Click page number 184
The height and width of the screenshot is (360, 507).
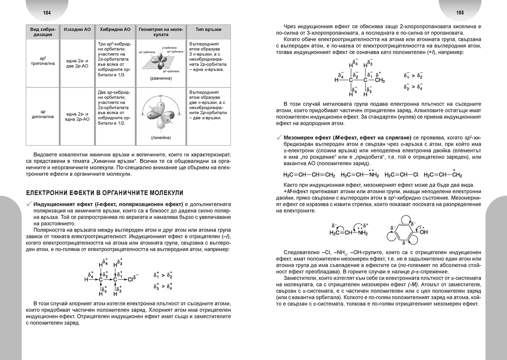pos(47,12)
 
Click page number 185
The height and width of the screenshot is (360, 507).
pos(461,12)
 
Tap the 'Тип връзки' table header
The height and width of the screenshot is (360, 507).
pos(209,30)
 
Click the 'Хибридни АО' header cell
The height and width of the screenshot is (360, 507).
pos(115,30)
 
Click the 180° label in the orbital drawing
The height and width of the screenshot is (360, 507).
pos(160,96)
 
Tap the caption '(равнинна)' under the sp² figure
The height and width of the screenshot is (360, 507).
pos(160,79)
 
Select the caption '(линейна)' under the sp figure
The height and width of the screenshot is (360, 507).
pos(160,138)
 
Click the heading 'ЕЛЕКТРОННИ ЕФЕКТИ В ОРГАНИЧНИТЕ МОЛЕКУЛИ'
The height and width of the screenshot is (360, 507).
pos(105,193)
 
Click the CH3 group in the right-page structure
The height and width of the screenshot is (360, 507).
pos(379,80)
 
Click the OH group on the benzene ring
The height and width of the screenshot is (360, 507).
pos(423,232)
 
